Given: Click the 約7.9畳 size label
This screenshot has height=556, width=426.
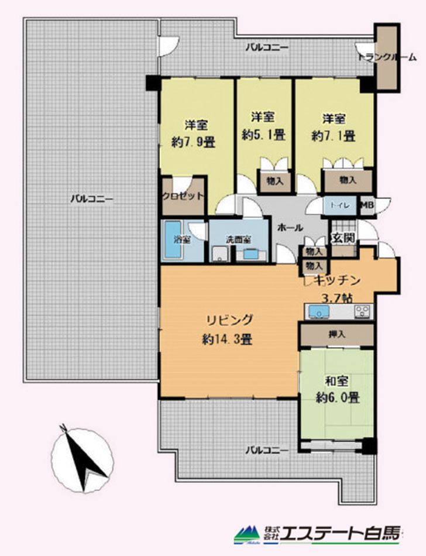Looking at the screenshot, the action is pos(194,143).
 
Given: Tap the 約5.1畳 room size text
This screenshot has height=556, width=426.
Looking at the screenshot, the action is pos(264,135).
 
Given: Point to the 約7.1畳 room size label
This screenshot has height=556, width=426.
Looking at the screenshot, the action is pos(334,136).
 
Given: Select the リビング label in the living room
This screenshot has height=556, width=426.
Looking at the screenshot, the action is pos(229,320).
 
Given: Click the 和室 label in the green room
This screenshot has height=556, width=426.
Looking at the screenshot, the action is pos(336,382).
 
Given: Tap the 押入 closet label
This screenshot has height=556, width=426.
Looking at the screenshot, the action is pos(336,334).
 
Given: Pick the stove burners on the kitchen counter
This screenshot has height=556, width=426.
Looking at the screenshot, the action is pos(362,311).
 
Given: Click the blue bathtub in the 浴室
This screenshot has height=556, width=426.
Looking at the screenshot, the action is pos(173,240).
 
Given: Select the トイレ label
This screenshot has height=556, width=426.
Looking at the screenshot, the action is pos(340,205).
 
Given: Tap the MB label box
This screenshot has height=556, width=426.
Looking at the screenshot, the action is pos(367,205).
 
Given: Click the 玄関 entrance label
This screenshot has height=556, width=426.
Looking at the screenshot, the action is pos(343,238).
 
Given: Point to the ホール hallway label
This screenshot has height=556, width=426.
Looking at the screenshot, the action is pos(290,228).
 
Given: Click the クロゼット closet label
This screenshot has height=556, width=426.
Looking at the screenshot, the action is pos(183,196).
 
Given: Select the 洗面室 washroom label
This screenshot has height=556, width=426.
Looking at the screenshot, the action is pos(239,240).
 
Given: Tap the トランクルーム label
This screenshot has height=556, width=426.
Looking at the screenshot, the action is pos(387,57).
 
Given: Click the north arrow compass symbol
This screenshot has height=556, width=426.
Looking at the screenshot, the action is pos(82,459).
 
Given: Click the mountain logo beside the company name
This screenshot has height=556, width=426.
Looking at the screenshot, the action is pos(248,536).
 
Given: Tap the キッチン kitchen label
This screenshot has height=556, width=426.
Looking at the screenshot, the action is pos(337,280).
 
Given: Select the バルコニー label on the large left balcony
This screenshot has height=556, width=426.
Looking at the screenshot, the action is pos(92,198).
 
